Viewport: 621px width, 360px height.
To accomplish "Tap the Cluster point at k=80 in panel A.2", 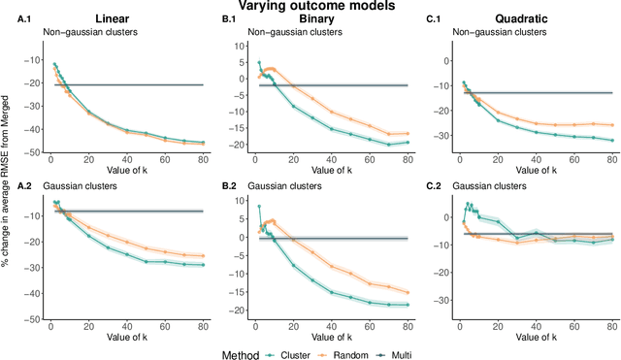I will coord(203,292).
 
